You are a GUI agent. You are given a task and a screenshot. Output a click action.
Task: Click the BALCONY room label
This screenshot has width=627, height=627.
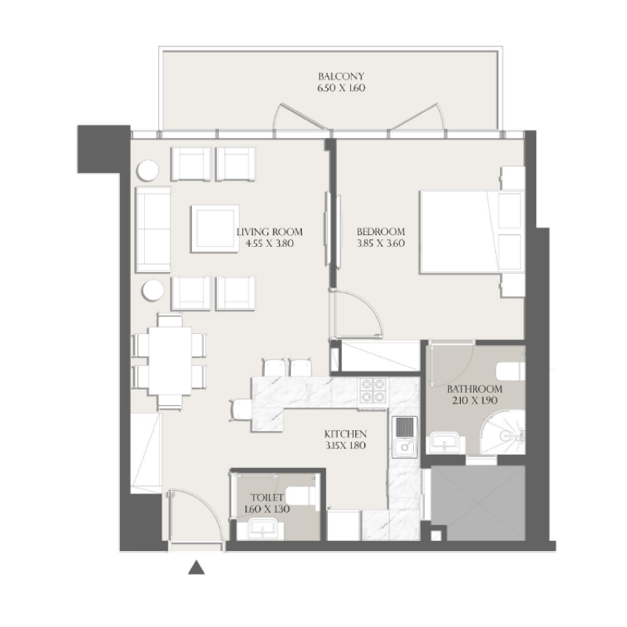341,77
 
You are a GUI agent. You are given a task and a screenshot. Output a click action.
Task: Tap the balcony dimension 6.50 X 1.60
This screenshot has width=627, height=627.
341,89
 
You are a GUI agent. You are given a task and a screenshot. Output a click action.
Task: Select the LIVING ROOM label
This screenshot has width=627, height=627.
269,232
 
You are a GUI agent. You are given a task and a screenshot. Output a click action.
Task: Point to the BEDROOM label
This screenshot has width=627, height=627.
380,232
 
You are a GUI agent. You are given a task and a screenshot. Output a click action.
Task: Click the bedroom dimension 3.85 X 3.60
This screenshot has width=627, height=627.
380,244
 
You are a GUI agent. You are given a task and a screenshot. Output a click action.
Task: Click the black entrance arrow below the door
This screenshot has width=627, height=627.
196,567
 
